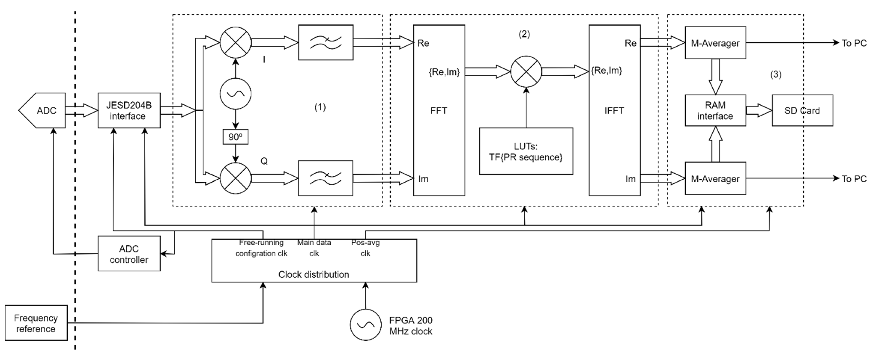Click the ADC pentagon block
[x=43, y=110]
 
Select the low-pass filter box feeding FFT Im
[x=325, y=178]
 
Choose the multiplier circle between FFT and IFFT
[x=526, y=71]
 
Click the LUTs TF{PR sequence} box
[x=526, y=151]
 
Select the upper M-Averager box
[x=715, y=43]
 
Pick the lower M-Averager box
[x=715, y=178]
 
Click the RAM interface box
[x=715, y=110]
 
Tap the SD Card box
[x=802, y=110]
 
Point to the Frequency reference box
[x=36, y=323]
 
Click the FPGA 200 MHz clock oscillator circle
[x=365, y=325]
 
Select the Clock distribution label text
[x=314, y=274]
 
